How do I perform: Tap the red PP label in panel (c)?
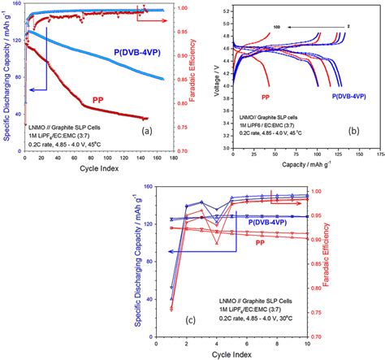click(260, 242)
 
